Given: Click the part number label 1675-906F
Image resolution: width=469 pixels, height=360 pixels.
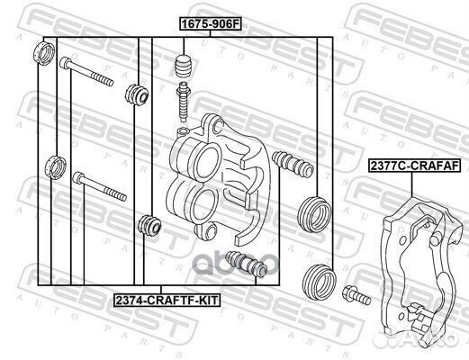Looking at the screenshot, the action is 211,24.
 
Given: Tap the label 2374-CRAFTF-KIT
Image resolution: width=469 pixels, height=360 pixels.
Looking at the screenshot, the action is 167,300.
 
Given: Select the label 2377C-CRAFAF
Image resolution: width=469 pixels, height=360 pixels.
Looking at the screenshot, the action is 415,166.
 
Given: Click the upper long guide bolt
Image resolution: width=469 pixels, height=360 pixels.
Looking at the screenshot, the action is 86,71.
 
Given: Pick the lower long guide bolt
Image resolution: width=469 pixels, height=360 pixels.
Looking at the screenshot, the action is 100,186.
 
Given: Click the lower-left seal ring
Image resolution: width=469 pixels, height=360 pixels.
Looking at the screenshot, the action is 55,167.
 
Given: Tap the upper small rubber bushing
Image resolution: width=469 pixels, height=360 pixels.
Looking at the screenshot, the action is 137,94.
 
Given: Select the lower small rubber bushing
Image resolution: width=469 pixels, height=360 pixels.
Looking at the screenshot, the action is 149,225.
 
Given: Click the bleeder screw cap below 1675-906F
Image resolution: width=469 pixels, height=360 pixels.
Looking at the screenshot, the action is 184,67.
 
